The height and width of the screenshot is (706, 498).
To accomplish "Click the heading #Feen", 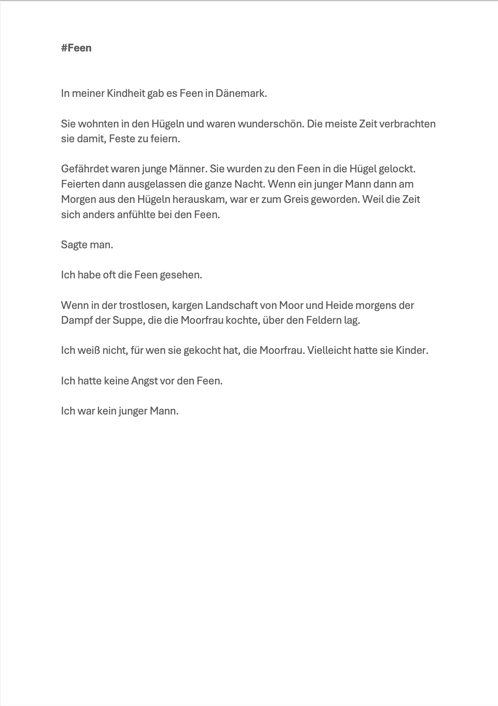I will pos(76,48).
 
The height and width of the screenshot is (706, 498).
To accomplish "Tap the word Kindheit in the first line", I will pos(126,93).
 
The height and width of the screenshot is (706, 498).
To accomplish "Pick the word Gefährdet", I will pos(86,169).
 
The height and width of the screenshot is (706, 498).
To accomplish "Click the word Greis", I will pos(296,199).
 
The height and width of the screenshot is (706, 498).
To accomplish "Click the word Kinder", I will pos(412,350).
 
